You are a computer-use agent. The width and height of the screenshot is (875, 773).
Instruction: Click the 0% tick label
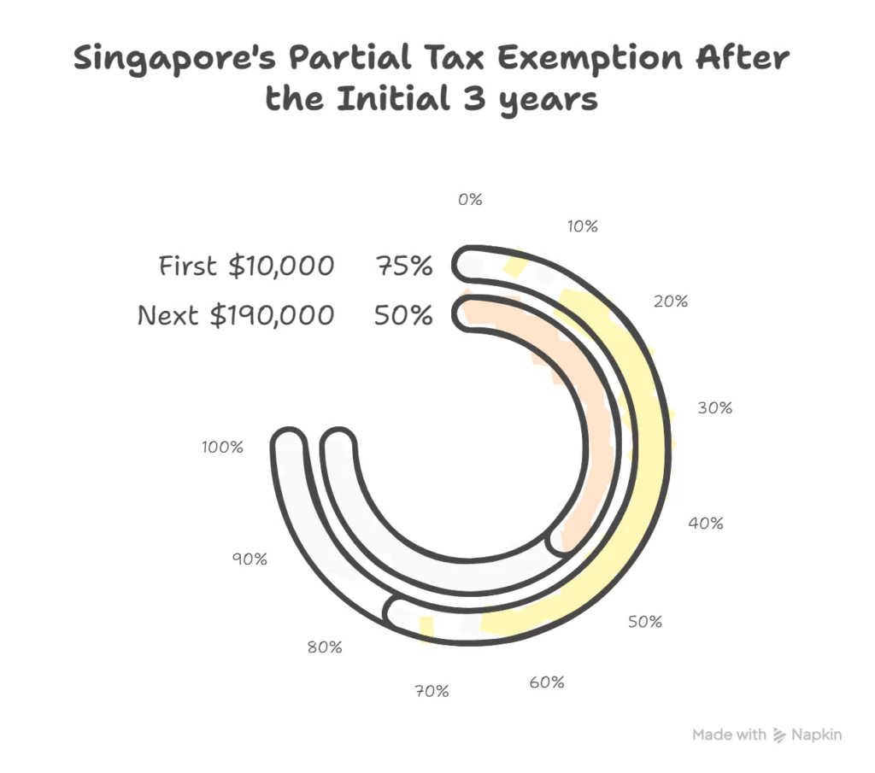470,200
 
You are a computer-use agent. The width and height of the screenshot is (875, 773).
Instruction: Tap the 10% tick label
582,226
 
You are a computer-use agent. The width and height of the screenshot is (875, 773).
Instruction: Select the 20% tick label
672,301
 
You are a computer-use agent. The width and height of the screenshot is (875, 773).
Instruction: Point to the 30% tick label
715,407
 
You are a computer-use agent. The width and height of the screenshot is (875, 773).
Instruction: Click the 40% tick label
706,523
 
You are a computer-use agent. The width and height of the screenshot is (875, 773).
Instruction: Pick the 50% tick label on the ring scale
645,622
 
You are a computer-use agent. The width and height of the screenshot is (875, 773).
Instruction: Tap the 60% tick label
546,682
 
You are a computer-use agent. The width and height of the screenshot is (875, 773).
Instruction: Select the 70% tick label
432,691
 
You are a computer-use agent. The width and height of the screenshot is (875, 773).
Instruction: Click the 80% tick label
325,647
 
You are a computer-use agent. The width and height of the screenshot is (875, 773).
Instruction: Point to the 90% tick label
250,559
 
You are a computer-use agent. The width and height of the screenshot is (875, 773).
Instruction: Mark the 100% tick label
223,446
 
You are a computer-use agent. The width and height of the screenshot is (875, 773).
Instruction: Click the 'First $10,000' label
247,266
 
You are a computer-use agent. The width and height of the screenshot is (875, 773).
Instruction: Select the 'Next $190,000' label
236,315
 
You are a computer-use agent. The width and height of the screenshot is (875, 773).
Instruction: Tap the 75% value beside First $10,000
403,266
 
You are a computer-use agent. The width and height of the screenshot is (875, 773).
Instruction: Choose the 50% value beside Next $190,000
403,315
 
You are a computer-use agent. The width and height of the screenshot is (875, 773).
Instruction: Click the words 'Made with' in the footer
729,735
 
